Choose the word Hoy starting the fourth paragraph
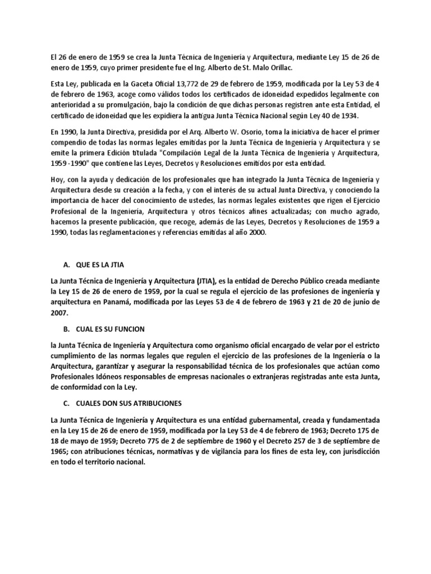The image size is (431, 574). click(57, 179)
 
